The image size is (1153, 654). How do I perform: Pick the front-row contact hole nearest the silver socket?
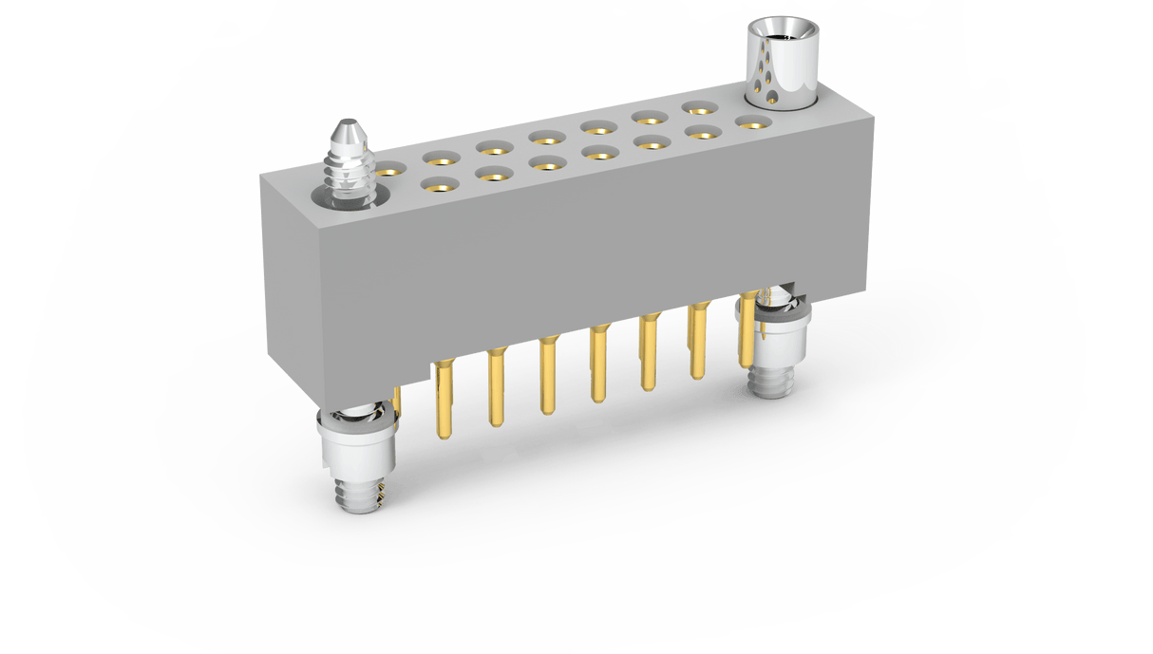pyautogui.click(x=751, y=121)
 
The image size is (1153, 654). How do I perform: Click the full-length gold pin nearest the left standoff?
pyautogui.click(x=444, y=399)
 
